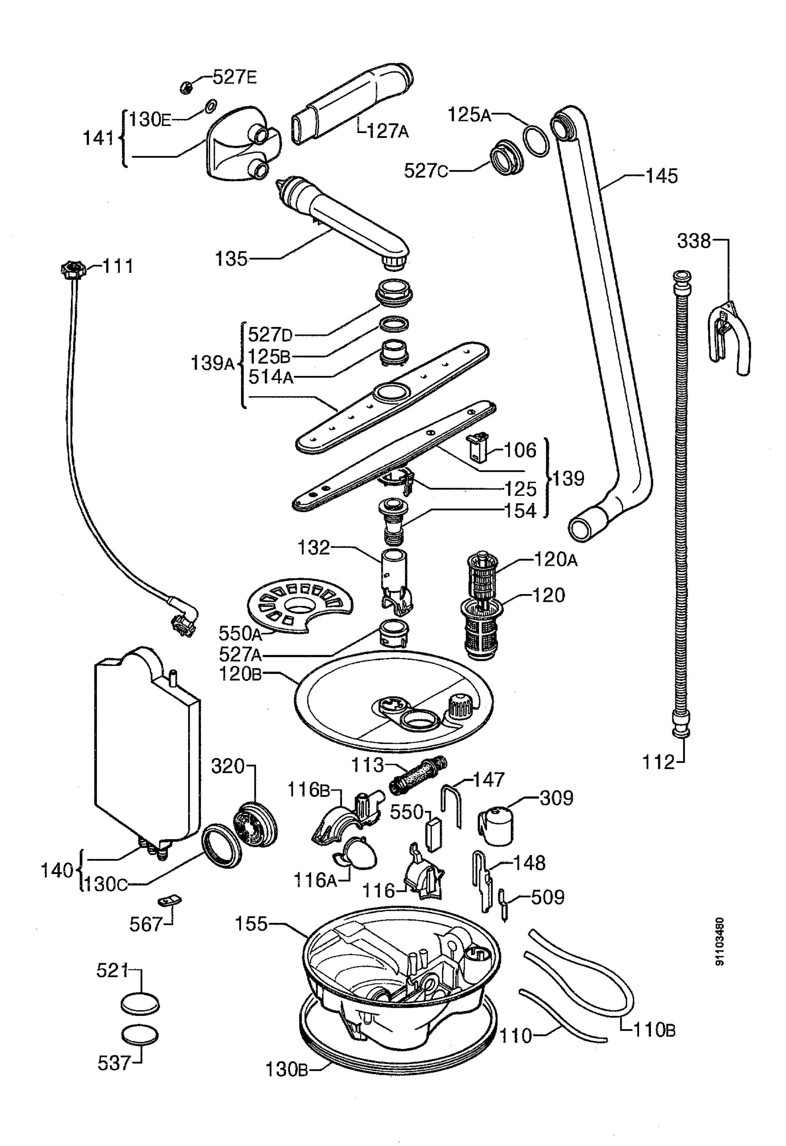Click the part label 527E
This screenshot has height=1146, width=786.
pos(235,77)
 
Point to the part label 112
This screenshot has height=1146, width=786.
pos(658,762)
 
